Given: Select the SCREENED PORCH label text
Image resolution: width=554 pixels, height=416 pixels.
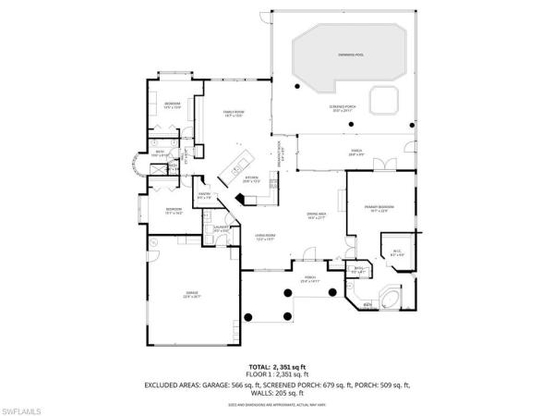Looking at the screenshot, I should (x=341, y=108).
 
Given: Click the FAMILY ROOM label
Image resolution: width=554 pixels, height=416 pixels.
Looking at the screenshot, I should (x=232, y=114).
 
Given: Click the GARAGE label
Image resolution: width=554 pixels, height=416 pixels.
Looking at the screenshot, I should (x=191, y=295).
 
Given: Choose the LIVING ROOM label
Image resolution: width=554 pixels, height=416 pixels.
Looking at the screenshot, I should (x=266, y=237).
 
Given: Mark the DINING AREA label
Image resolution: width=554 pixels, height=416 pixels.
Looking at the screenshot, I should (x=317, y=217).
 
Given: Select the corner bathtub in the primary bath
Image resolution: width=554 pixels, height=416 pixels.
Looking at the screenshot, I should (x=389, y=300).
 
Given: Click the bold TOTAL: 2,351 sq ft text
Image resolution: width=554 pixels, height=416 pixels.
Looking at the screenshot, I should (x=277, y=368).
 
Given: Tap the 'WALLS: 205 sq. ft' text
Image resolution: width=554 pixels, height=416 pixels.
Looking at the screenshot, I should (x=277, y=393).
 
